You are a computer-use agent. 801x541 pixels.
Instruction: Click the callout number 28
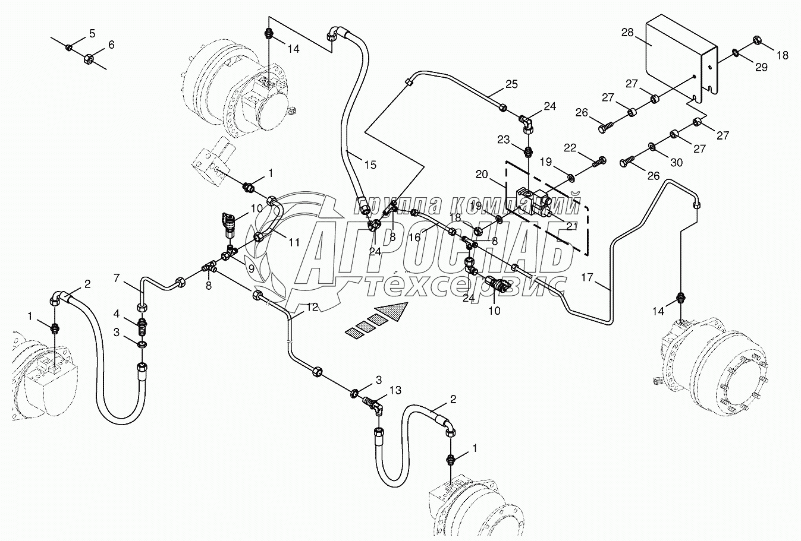coord(628,32)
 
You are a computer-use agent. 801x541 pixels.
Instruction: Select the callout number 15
coord(370,164)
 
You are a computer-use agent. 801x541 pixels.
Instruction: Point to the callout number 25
coord(511,84)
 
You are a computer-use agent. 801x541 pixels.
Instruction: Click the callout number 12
coord(312,307)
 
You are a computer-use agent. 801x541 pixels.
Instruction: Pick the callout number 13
coord(395,390)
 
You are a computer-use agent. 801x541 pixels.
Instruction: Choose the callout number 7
coord(117,277)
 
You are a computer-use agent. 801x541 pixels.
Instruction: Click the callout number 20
coord(482,174)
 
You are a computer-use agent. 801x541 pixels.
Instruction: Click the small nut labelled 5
coord(70,47)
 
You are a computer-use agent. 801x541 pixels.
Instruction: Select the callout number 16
coord(415,236)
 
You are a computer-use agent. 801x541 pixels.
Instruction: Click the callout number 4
coord(117,313)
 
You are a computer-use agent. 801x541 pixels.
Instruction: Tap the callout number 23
coord(504,140)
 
